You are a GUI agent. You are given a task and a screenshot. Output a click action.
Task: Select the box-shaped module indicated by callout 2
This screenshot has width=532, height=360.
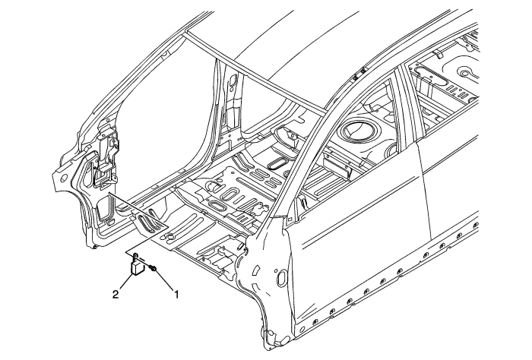[x=138, y=267]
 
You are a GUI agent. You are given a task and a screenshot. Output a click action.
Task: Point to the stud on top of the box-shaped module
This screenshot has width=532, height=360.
[x=135, y=255]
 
